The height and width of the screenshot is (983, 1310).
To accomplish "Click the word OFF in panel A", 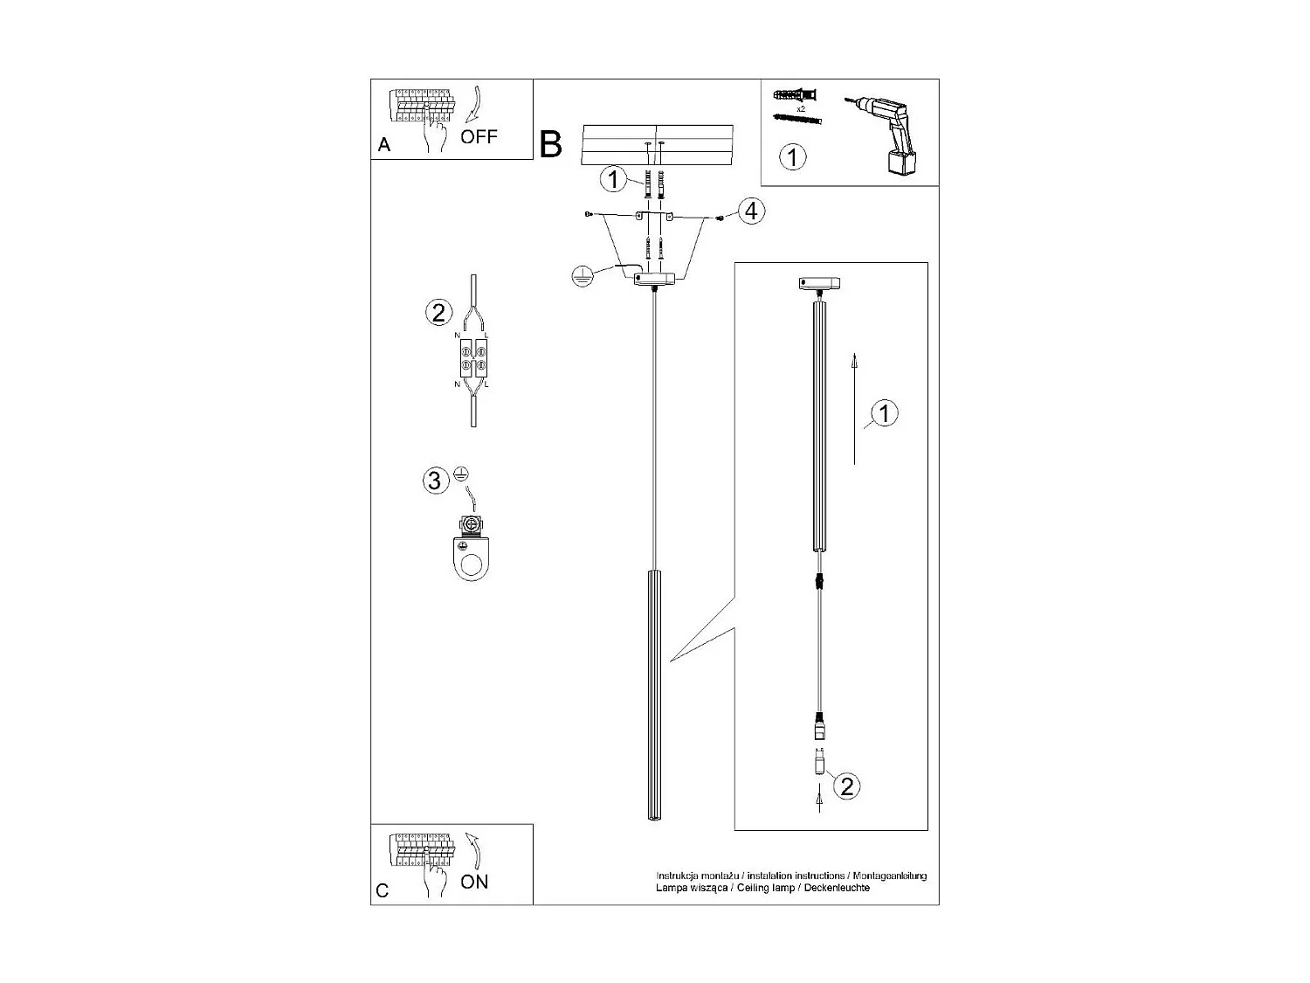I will coord(479,136).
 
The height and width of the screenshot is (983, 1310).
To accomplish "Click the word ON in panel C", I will coord(474,882).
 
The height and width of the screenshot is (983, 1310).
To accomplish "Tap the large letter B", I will coord(551,144).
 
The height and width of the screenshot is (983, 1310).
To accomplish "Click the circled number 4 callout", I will coord(749,211).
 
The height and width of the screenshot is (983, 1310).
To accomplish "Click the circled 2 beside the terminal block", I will coord(438,312).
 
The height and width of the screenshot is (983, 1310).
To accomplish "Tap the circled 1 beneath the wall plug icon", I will coord(792,157).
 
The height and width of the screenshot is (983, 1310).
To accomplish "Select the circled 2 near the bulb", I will coord(845,786).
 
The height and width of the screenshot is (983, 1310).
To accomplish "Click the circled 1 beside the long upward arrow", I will coord(885,412).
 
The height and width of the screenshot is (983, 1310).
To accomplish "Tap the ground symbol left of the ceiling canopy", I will coord(580,277).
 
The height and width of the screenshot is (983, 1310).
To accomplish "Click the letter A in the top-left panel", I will coord(384,146).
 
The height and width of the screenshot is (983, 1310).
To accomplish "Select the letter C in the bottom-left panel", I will coord(383,890).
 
